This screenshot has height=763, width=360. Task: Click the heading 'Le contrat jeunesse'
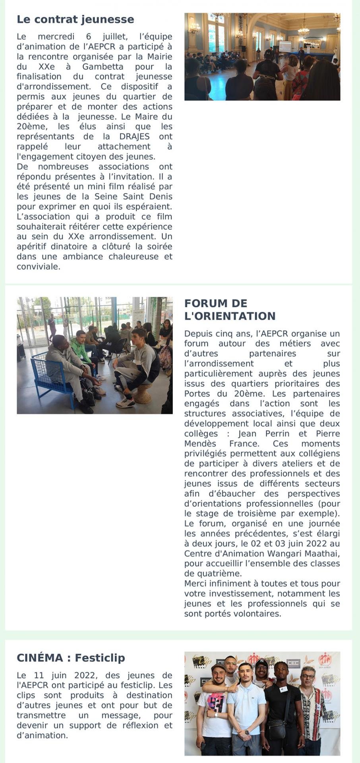click(75, 19)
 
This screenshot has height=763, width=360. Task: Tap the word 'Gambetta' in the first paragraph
click(103, 67)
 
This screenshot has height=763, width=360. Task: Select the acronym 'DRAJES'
click(134, 136)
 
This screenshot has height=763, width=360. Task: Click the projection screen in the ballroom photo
click(285, 46)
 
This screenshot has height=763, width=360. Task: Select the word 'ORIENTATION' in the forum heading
click(230, 316)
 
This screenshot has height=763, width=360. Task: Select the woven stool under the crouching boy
click(143, 393)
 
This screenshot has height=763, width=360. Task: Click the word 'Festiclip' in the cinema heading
click(100, 658)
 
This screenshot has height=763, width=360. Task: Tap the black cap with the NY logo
click(261, 662)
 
